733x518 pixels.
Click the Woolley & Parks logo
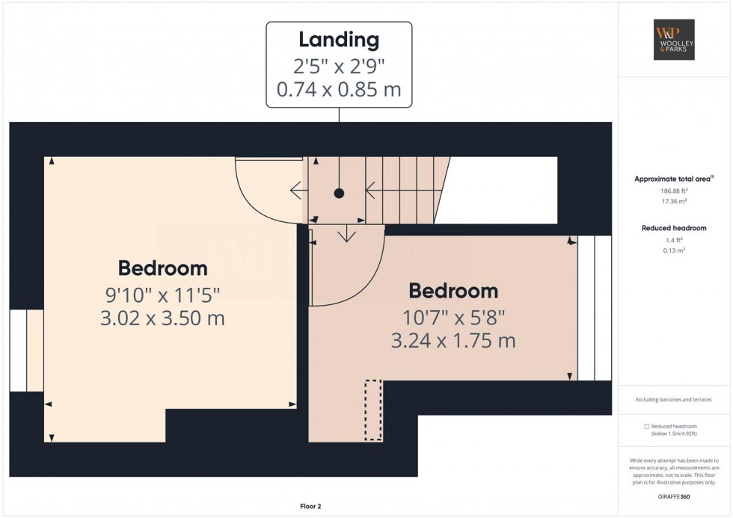(674, 40)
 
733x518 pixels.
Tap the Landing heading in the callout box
(339, 40)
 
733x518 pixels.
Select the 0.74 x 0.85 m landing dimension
(339, 89)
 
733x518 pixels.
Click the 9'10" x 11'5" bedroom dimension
(163, 295)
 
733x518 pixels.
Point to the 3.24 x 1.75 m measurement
(453, 341)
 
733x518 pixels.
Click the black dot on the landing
(339, 193)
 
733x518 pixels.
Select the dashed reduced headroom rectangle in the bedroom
(373, 410)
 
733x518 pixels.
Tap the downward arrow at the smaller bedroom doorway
(346, 233)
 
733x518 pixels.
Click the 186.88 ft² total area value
(674, 191)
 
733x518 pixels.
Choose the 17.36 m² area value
(674, 201)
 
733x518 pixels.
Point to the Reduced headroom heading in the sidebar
(674, 228)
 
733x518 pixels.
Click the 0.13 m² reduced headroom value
(674, 250)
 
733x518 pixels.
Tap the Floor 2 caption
(310, 506)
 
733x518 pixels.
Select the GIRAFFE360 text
(674, 496)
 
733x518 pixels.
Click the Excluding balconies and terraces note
(674, 400)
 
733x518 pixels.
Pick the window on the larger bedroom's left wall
(27, 351)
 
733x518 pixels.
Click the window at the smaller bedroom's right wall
(595, 308)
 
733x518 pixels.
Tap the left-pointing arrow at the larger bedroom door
(299, 191)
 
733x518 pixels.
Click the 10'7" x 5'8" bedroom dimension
(453, 318)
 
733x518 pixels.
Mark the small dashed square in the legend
(647, 427)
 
